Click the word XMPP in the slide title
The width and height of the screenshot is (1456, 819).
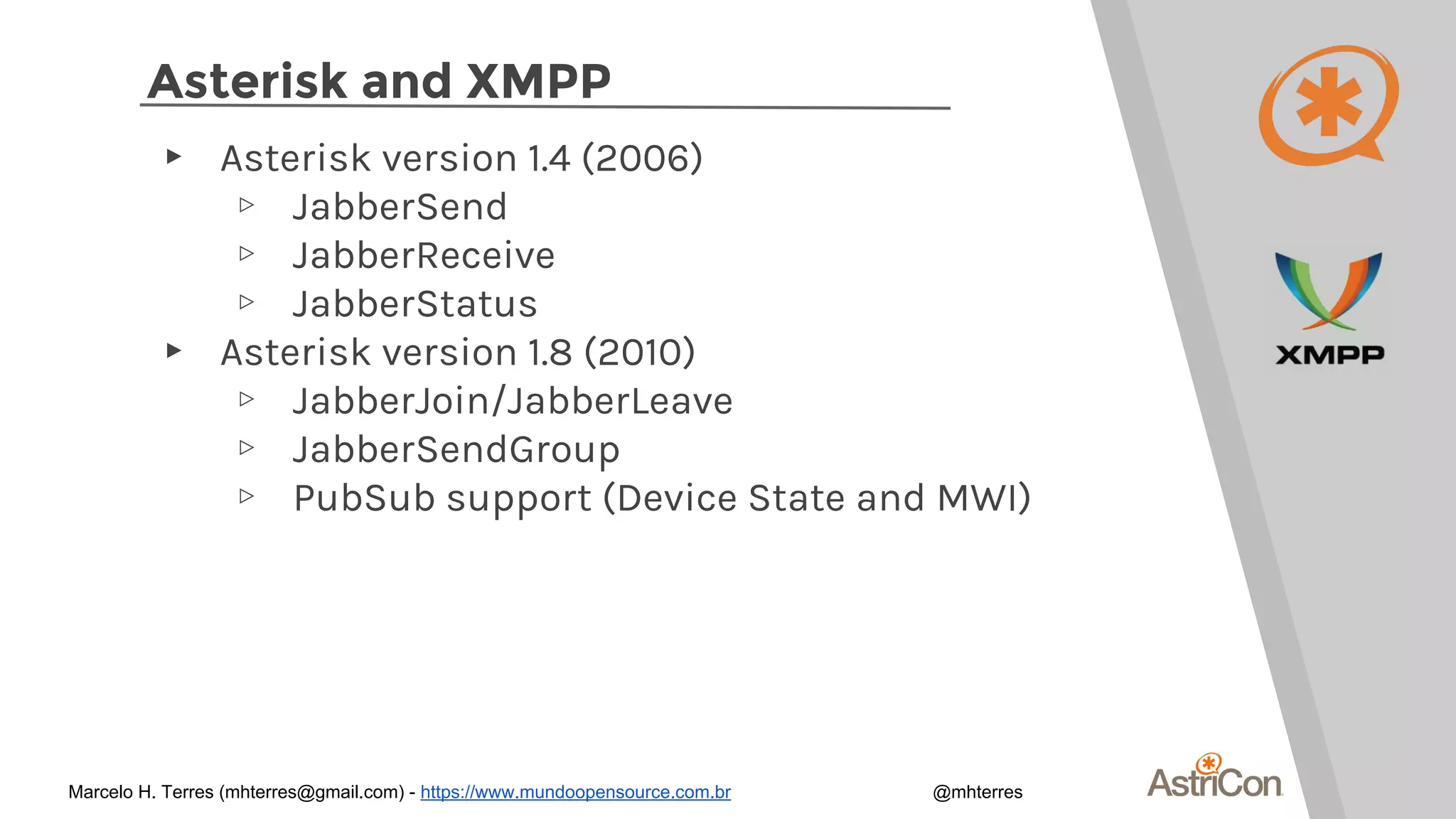click(538, 81)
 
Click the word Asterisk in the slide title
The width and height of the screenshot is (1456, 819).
click(247, 81)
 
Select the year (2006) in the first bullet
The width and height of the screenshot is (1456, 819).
click(642, 158)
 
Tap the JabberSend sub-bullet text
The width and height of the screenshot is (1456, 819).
click(400, 207)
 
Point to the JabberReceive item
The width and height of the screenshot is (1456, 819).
click(423, 255)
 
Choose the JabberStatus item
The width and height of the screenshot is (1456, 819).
click(414, 304)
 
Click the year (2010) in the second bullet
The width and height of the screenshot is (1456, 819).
click(639, 352)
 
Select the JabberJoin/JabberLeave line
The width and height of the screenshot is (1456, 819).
click(512, 401)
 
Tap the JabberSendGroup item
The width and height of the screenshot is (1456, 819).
click(456, 450)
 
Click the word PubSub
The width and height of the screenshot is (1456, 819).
click(364, 498)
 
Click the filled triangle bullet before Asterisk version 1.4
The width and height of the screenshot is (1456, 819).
click(173, 156)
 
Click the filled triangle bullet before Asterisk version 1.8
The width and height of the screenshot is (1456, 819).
click(173, 350)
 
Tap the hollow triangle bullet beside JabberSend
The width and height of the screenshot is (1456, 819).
click(247, 205)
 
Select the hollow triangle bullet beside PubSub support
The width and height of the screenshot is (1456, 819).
click(247, 496)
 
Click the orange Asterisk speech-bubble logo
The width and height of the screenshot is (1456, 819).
click(1327, 105)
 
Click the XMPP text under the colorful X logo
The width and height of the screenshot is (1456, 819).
click(1329, 355)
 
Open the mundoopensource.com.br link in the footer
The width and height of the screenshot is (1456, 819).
click(575, 792)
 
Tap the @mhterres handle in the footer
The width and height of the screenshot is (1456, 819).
click(978, 792)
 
